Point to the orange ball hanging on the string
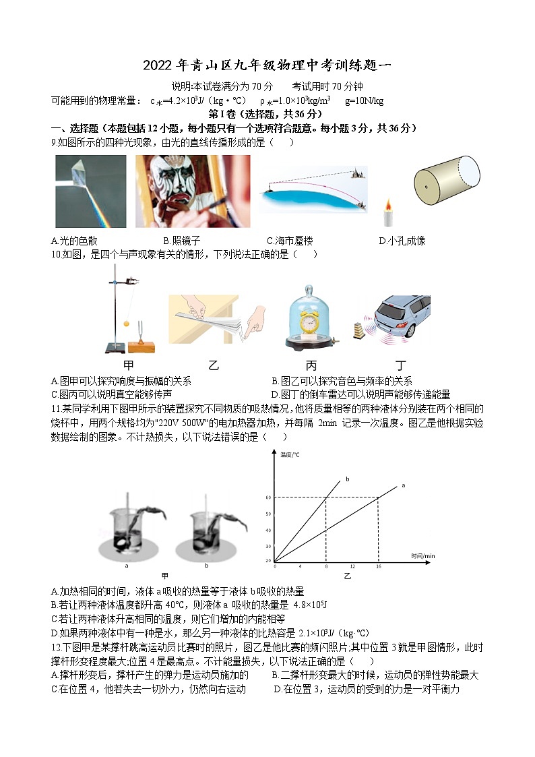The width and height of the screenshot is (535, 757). (125, 324)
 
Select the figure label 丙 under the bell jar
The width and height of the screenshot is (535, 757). (311, 366)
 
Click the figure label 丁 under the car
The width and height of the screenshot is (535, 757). (401, 366)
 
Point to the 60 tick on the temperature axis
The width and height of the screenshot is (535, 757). (268, 497)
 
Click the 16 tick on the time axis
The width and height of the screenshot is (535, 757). (378, 566)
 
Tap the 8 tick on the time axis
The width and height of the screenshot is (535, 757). (326, 566)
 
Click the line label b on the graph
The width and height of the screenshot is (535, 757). (348, 479)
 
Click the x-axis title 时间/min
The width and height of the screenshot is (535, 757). (423, 555)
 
